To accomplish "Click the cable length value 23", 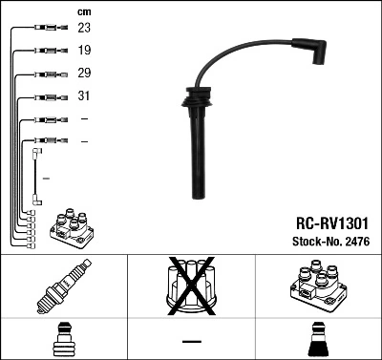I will click(x=85, y=30).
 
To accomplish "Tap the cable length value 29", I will click(x=85, y=74).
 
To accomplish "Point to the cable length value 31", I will click(x=85, y=96).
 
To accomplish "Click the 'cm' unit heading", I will click(x=84, y=11).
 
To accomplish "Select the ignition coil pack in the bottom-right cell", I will click(x=316, y=286).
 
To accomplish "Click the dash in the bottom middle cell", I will click(x=191, y=341).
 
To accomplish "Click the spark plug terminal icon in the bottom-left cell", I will click(x=63, y=339).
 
